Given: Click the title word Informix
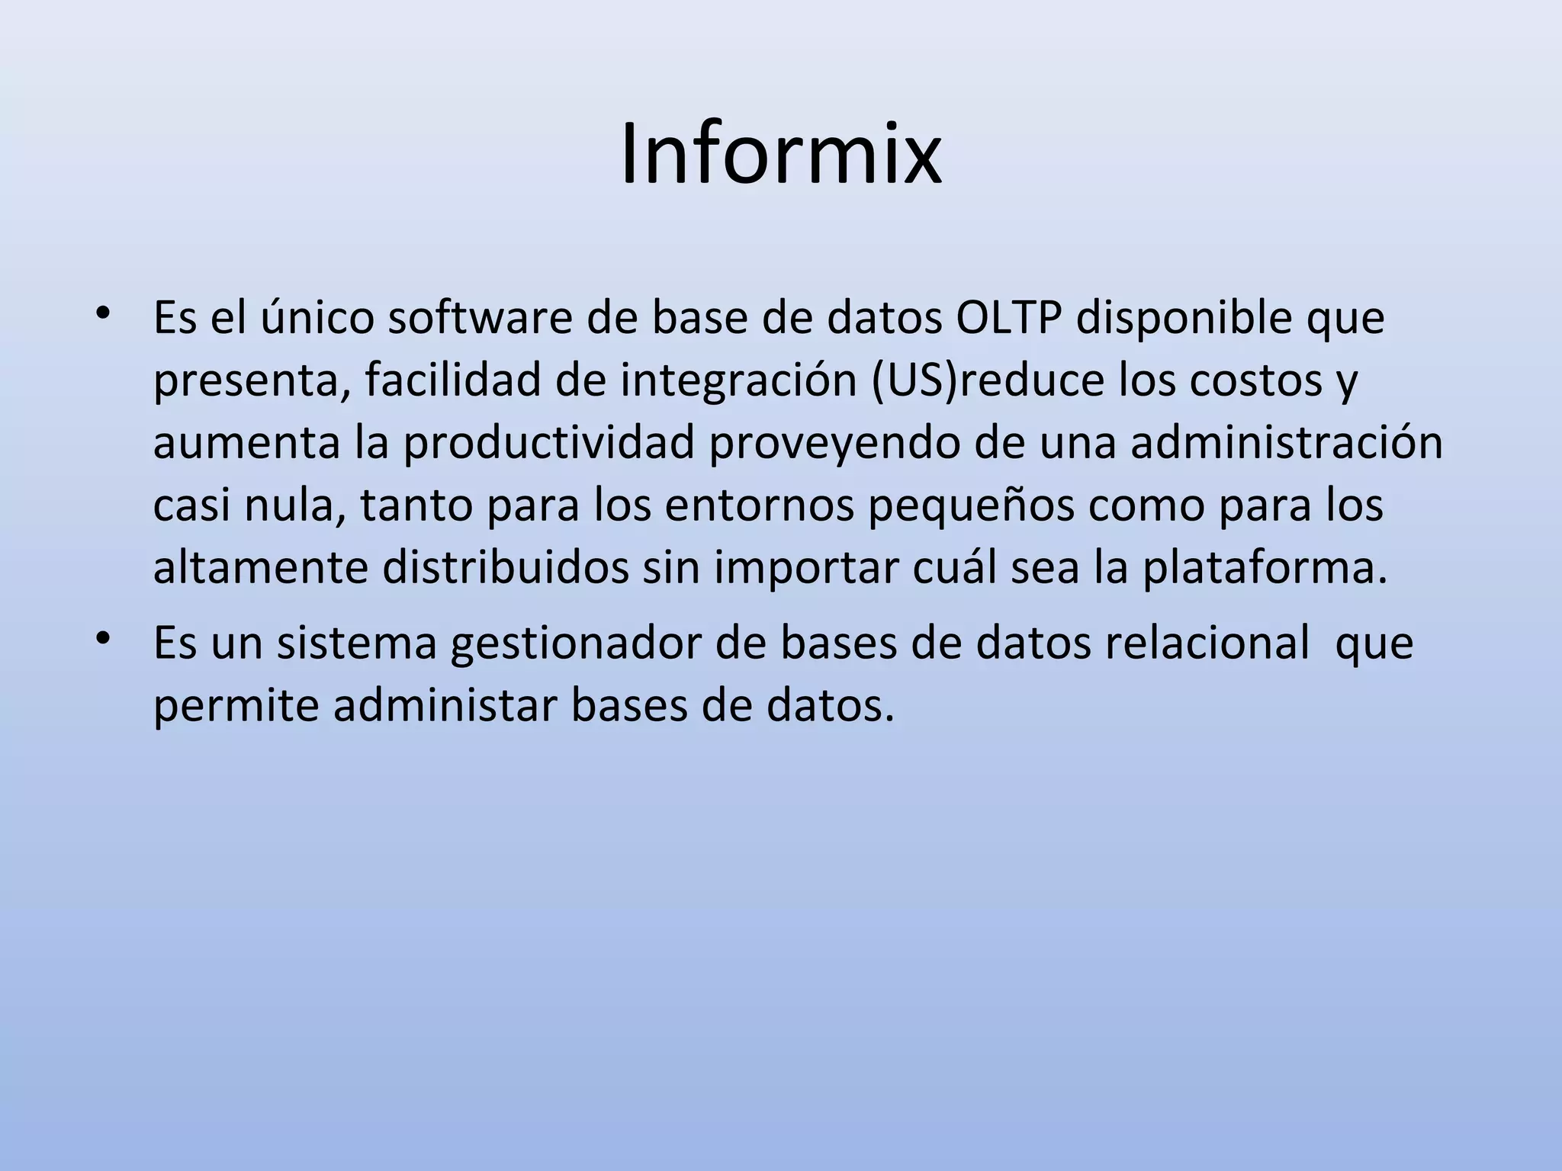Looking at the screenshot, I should click(x=781, y=156).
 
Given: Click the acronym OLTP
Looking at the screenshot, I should click(x=1008, y=319).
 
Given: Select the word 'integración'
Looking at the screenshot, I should click(x=739, y=381).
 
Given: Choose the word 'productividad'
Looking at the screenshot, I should click(x=549, y=444).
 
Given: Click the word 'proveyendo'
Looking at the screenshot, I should click(x=834, y=444).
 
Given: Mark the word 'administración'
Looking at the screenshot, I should click(x=1287, y=444).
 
